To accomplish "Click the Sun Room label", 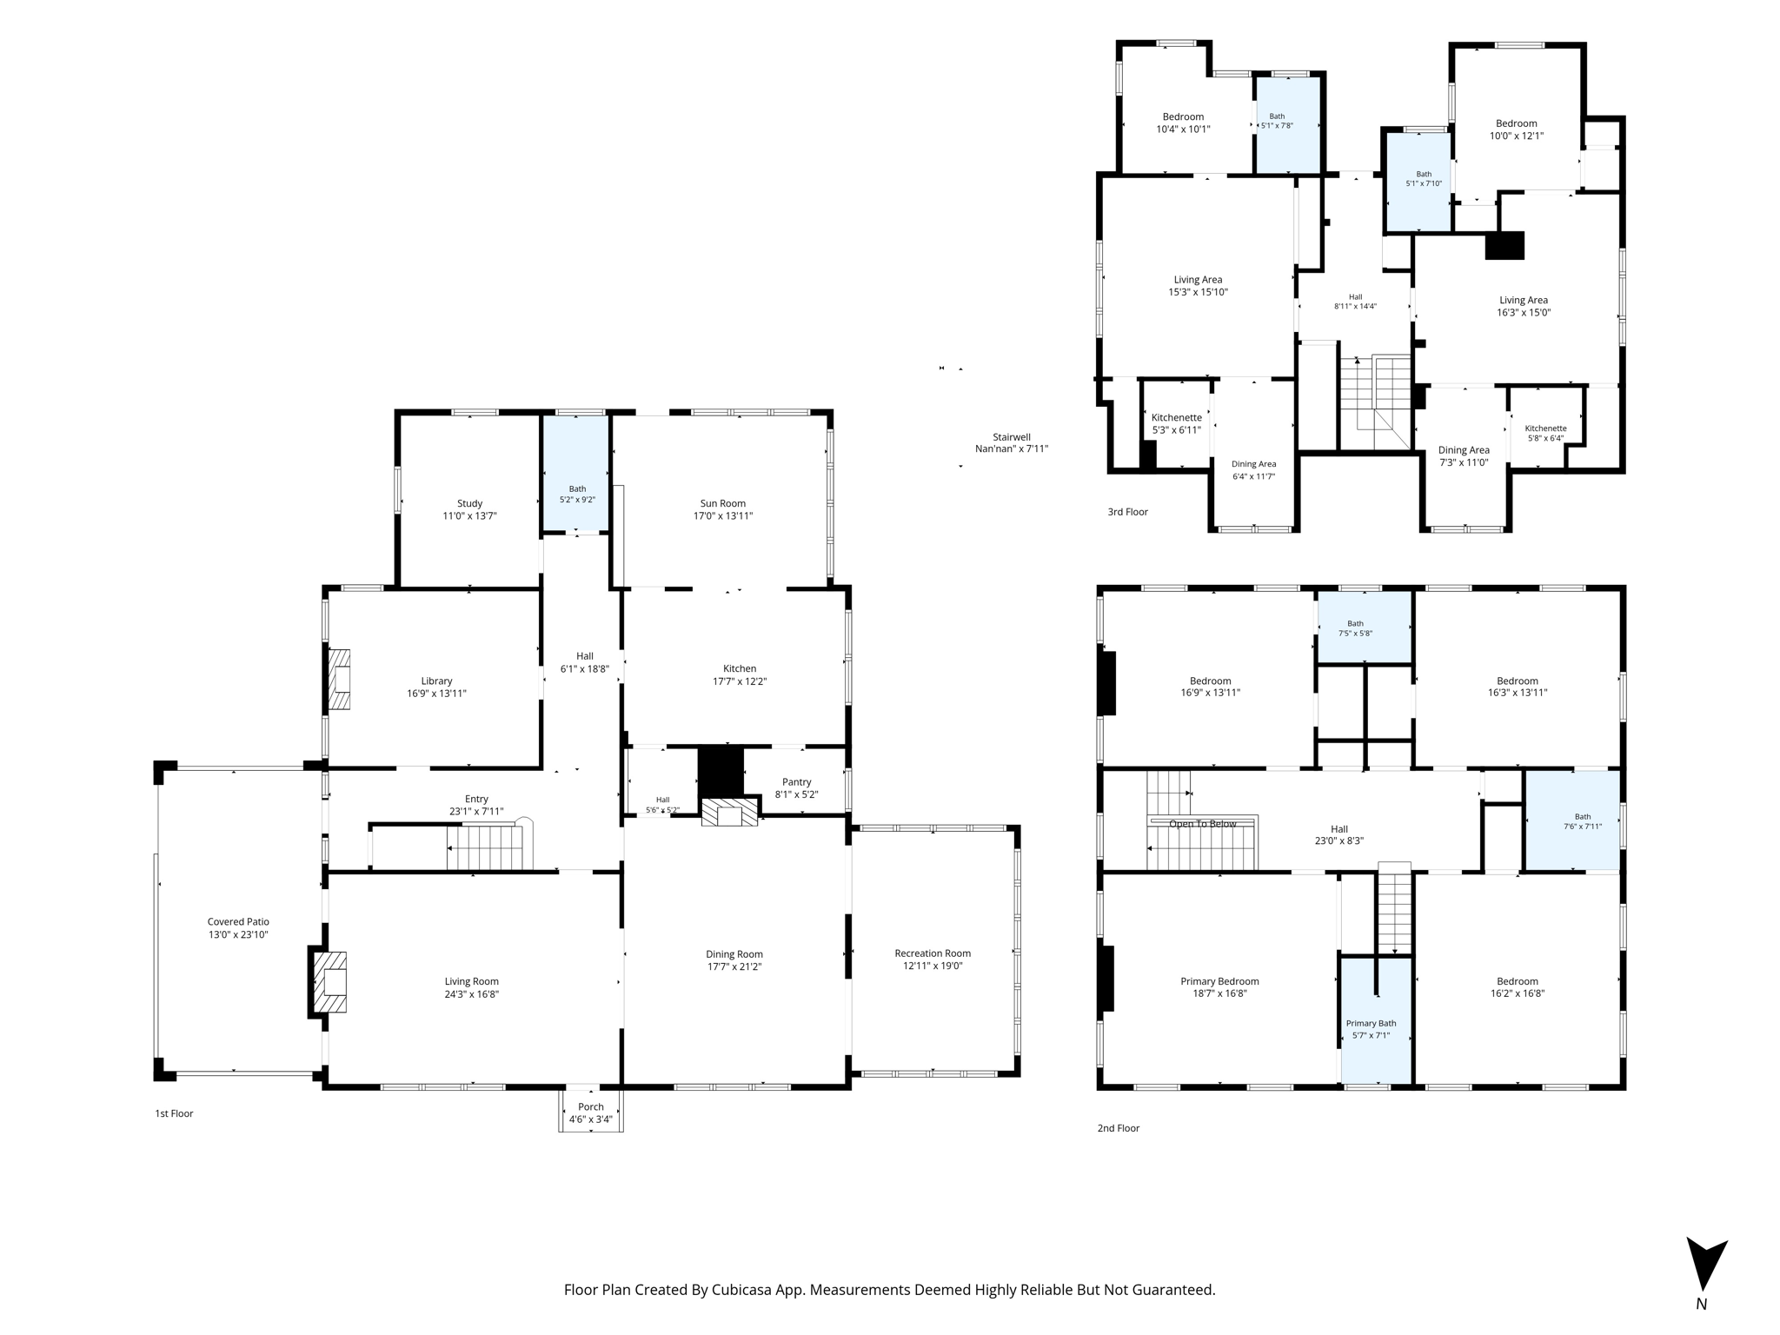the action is [x=722, y=503].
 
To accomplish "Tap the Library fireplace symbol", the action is [x=339, y=680].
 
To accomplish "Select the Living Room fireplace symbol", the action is [x=330, y=982].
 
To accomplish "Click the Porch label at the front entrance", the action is [x=591, y=1106].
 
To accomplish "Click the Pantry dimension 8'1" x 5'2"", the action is [x=796, y=794].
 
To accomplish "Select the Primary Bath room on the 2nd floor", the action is [x=1376, y=1021].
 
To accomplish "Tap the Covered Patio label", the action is [x=238, y=921].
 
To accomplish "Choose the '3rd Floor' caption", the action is [x=1127, y=512].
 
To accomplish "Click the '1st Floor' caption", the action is [x=174, y=1113].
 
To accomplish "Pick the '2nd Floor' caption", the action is [x=1118, y=1128].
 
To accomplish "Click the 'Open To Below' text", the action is [x=1202, y=824].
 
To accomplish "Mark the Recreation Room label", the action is [x=933, y=953].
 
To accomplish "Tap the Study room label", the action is [x=469, y=503].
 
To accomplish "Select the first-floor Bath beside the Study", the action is [x=576, y=474].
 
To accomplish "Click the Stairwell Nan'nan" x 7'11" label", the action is [x=1012, y=443].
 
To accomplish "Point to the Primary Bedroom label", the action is [x=1219, y=981].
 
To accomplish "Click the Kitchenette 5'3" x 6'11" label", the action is [x=1176, y=423].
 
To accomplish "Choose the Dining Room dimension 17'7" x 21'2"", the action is [x=734, y=966].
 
